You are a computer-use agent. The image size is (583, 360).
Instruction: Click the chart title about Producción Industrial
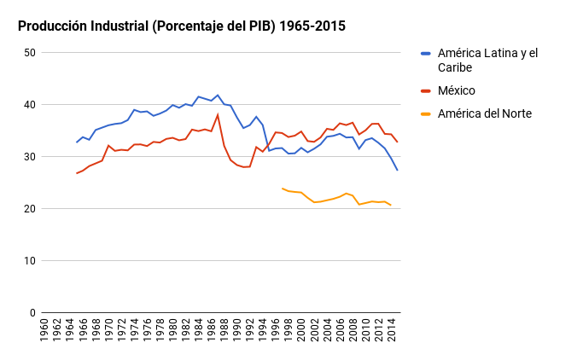pos(182,26)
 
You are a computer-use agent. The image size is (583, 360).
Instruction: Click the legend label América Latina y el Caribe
pos(487,60)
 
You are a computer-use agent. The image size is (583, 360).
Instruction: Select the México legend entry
pos(456,90)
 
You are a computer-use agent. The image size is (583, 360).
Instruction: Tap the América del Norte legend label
pos(484,113)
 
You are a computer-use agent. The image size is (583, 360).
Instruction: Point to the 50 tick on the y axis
pos(30,53)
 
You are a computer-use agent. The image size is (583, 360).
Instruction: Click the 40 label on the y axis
pos(30,105)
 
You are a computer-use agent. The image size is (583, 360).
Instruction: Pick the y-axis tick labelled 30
pos(30,157)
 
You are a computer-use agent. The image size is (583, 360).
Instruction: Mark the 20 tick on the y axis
pos(30,209)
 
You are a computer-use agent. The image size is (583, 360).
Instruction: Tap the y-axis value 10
pos(30,261)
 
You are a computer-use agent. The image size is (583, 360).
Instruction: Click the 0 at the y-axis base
pos(32,313)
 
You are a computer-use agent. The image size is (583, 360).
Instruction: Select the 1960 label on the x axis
pos(44,330)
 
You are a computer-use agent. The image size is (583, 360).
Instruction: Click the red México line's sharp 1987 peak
pos(218,114)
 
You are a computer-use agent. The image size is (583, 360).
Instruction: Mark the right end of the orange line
pos(391,206)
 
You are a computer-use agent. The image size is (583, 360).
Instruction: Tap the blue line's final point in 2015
pos(397,171)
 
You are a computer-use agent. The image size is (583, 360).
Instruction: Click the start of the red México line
pos(77,173)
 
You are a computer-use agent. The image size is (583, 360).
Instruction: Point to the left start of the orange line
pos(283,189)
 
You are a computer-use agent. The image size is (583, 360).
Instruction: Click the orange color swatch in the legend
pos(426,114)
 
